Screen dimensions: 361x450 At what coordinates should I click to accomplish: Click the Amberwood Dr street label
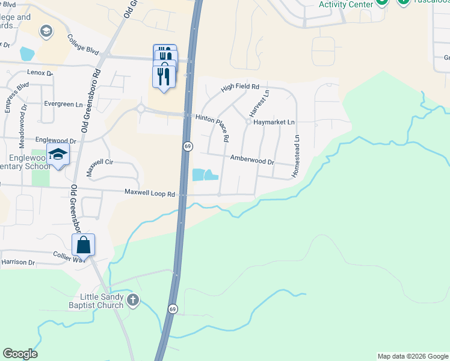[252, 159]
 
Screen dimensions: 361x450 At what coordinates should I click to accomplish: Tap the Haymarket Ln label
[274, 122]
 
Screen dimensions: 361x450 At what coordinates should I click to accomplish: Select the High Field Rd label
[239, 87]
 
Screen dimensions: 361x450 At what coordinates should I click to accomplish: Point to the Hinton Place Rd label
[211, 127]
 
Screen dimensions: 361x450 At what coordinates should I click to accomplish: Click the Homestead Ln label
[296, 155]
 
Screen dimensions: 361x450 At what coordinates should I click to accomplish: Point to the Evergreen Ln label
[63, 103]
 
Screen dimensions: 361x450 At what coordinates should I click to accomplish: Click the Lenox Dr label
[40, 72]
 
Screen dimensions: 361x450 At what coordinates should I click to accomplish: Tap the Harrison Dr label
[18, 262]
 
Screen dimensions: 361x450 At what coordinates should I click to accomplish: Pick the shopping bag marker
[84, 245]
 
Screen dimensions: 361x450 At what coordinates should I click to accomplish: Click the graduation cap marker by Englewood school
[58, 155]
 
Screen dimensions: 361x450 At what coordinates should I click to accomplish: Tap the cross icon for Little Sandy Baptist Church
[133, 299]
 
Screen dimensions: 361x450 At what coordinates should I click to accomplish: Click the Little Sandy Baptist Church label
[102, 301]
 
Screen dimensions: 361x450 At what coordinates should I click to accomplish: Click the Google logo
[19, 354]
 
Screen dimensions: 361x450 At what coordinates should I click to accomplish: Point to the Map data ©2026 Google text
[413, 356]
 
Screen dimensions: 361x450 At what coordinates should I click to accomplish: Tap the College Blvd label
[83, 44]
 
